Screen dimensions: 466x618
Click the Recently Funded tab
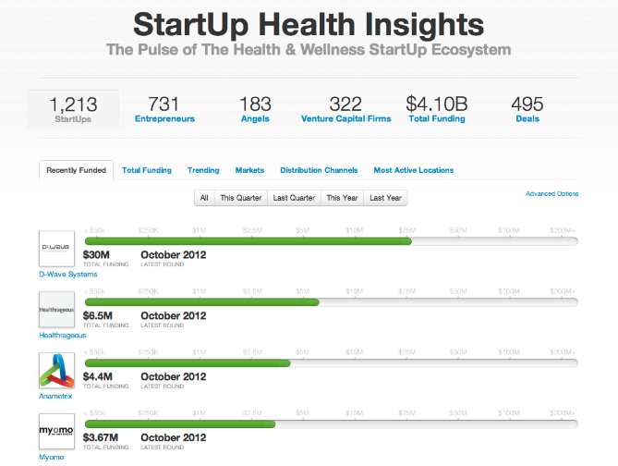tap(76, 170)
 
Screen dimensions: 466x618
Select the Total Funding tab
tap(147, 170)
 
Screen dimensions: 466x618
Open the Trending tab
tap(203, 170)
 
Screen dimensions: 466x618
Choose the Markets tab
tap(249, 170)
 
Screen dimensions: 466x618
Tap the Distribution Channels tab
tap(319, 170)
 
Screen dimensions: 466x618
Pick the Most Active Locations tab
tap(413, 170)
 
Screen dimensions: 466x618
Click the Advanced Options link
tap(551, 193)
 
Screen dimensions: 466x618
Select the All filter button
tap(204, 198)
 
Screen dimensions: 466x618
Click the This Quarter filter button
tap(240, 198)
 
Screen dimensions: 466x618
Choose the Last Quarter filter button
tap(293, 198)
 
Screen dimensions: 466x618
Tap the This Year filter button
tap(342, 198)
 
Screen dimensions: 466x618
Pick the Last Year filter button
tap(385, 198)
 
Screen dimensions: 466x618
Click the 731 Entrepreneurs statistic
tap(164, 109)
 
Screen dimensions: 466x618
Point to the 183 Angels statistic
tap(255, 109)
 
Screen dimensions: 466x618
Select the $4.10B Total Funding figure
tap(438, 109)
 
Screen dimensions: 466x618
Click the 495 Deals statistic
tap(527, 109)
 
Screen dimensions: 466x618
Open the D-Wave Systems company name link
tap(67, 274)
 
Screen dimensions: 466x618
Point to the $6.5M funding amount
tap(98, 315)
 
